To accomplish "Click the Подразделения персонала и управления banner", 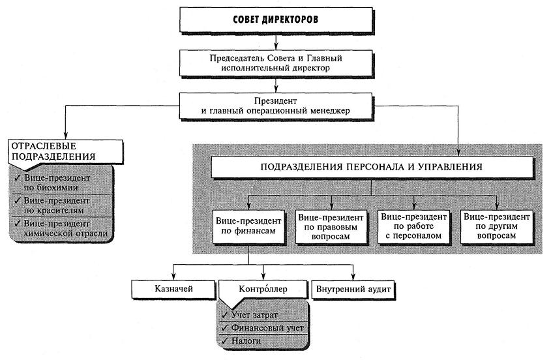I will point(371,168).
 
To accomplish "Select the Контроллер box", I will point(263,288).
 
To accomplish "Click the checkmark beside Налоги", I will point(226,340).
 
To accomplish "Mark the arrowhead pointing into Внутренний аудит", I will point(352,277).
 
